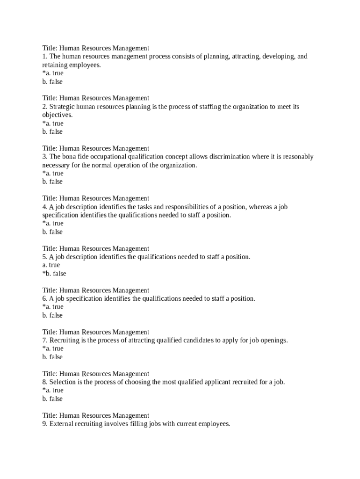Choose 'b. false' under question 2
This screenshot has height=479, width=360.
pyautogui.click(x=52, y=132)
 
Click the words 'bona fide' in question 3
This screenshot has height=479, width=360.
pyautogui.click(x=76, y=157)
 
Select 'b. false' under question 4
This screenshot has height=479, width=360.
pyautogui.click(x=52, y=232)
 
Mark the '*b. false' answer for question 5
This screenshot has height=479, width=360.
pyautogui.click(x=54, y=274)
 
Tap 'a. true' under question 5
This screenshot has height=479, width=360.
pyautogui.click(x=51, y=265)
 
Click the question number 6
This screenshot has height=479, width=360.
pyautogui.click(x=44, y=298)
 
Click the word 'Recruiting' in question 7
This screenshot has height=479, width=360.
pyautogui.click(x=65, y=340)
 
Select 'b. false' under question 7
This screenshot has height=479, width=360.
pyautogui.click(x=52, y=357)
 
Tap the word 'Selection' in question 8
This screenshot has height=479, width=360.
pyautogui.click(x=63, y=382)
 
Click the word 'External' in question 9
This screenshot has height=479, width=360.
pyautogui.click(x=61, y=424)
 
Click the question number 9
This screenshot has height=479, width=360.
pyautogui.click(x=44, y=424)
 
